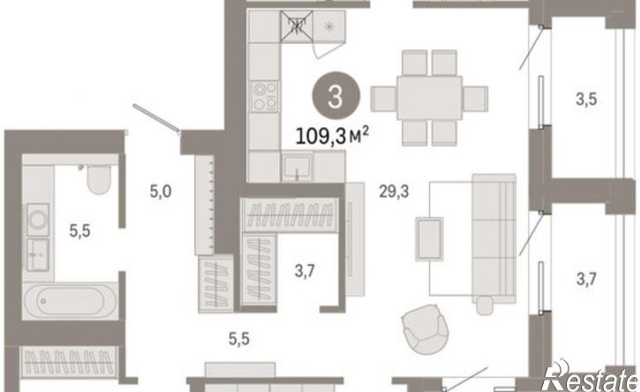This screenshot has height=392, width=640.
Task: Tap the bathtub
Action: pos(70,301)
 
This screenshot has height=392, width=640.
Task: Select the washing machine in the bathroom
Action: pos(38,220)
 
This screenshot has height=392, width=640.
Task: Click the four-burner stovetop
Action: pos(265,96)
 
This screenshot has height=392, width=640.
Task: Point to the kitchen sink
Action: pos(297,167)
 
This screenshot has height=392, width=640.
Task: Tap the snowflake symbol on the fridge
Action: pos(328,26)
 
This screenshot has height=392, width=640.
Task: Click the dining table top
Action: pos(429,98)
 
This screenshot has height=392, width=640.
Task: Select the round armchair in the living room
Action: pos(425,329)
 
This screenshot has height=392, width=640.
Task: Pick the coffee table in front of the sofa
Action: pos(429,239)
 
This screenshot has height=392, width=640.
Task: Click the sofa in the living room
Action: pos(494,239)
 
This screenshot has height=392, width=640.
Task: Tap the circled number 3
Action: pos(336,97)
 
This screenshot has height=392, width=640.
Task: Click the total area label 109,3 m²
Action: pos(332,136)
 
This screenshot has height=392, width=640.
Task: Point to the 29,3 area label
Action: pos(394,191)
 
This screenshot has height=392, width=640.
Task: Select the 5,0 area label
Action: pos(161,191)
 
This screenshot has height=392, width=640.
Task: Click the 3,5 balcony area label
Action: pos(586,99)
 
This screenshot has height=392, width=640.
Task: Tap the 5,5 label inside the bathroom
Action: pos(80,231)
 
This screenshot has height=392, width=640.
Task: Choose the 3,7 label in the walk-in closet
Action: pos(305,271)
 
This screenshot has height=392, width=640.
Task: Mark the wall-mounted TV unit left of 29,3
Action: pos(354,239)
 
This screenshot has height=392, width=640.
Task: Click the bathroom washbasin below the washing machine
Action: pos(38,254)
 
